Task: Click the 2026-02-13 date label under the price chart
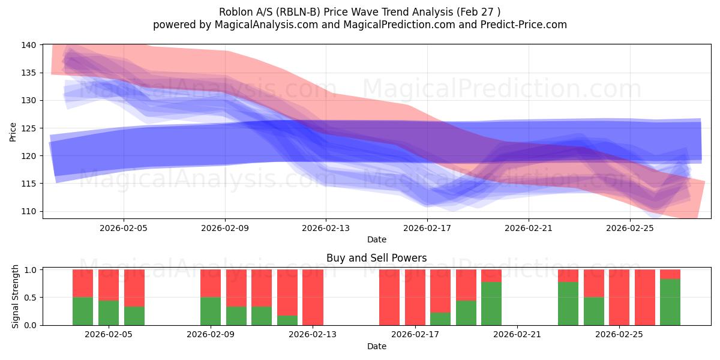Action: pyautogui.click(x=326, y=228)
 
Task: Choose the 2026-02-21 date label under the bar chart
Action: pyautogui.click(x=517, y=335)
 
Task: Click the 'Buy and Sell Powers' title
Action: pyautogui.click(x=376, y=258)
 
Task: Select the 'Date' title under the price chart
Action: pyautogui.click(x=376, y=239)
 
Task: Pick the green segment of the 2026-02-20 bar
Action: pyautogui.click(x=491, y=304)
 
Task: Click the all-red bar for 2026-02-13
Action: pyautogui.click(x=313, y=297)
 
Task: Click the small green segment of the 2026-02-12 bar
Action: pyautogui.click(x=287, y=320)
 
